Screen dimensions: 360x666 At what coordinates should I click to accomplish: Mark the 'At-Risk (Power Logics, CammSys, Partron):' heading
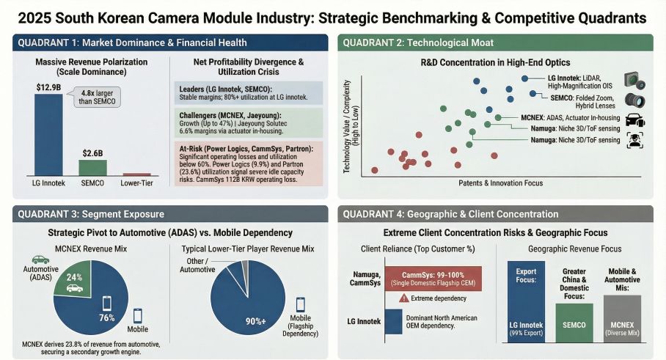pos(246,148)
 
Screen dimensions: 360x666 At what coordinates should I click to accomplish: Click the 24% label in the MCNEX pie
pos(73,277)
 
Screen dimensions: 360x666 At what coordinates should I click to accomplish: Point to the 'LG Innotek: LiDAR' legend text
pos(568,78)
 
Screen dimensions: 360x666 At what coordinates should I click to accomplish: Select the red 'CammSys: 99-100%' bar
pos(432,278)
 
